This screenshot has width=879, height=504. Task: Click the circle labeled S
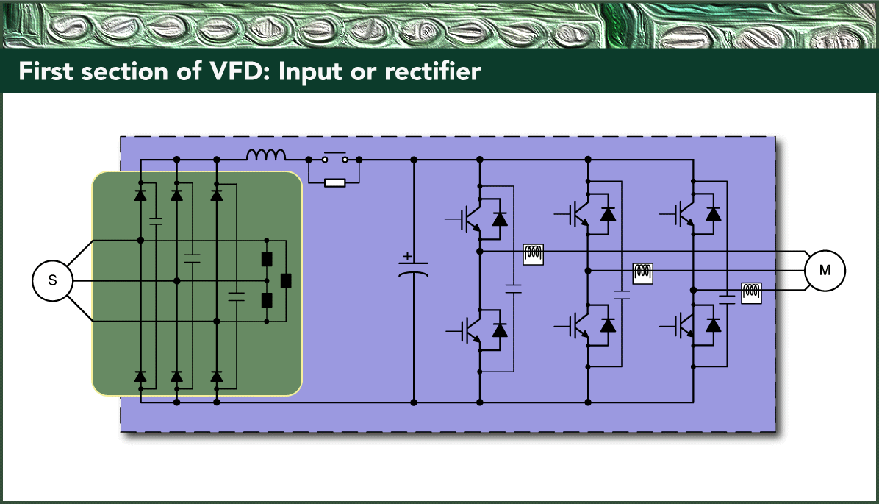pyautogui.click(x=51, y=280)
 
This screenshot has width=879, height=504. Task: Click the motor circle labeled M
pyautogui.click(x=825, y=271)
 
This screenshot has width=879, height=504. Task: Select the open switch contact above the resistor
pyautogui.click(x=334, y=158)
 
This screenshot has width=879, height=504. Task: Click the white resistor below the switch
pyautogui.click(x=334, y=182)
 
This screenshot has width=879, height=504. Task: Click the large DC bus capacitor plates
pyautogui.click(x=413, y=271)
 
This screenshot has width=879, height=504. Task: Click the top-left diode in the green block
pyautogui.click(x=140, y=195)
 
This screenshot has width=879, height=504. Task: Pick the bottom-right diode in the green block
pyautogui.click(x=217, y=377)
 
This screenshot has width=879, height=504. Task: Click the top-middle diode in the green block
pyautogui.click(x=176, y=195)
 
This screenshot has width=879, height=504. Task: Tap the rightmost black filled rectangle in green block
pyautogui.click(x=286, y=280)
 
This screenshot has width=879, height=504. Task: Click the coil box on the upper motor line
pyautogui.click(x=533, y=254)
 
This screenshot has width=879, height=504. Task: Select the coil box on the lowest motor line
pyautogui.click(x=751, y=293)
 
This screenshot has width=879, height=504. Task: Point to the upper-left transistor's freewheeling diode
pyautogui.click(x=500, y=219)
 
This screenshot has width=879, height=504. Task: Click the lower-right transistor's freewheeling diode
pyautogui.click(x=713, y=324)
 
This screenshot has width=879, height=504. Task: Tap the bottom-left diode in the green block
pyautogui.click(x=140, y=377)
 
